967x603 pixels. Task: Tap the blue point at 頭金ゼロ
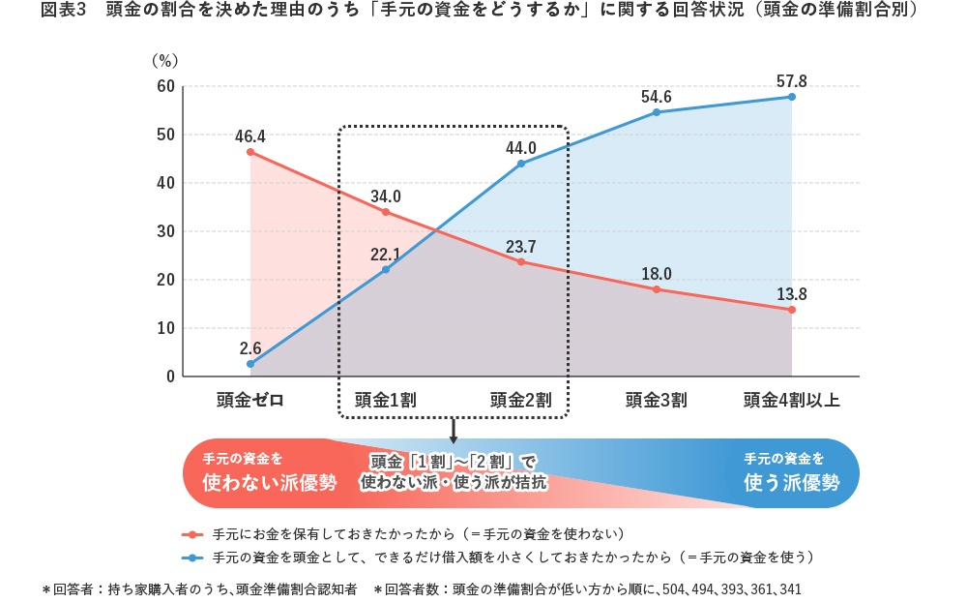pyautogui.click(x=250, y=364)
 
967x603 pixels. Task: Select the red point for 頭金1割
pyautogui.click(x=386, y=212)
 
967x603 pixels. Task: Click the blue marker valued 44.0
pyautogui.click(x=521, y=164)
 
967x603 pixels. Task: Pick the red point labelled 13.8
pyautogui.click(x=792, y=310)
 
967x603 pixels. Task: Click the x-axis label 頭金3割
pyautogui.click(x=656, y=399)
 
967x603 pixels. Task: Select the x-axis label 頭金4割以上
pyautogui.click(x=792, y=399)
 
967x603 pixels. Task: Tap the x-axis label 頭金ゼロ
pyautogui.click(x=250, y=399)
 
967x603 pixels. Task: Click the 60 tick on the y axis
pyautogui.click(x=165, y=87)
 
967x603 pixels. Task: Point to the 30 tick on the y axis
pyautogui.click(x=165, y=231)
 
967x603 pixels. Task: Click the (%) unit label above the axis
pyautogui.click(x=164, y=60)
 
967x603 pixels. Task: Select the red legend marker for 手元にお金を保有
pyautogui.click(x=193, y=534)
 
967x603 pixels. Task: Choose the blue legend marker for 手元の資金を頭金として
pyautogui.click(x=193, y=558)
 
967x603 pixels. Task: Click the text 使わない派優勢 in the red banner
pyautogui.click(x=269, y=482)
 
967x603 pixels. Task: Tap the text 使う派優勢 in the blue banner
pyautogui.click(x=792, y=482)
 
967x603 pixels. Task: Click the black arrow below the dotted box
pyautogui.click(x=453, y=428)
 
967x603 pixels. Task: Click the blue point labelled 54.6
pyautogui.click(x=657, y=112)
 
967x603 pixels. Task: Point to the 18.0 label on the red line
pyautogui.click(x=657, y=273)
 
